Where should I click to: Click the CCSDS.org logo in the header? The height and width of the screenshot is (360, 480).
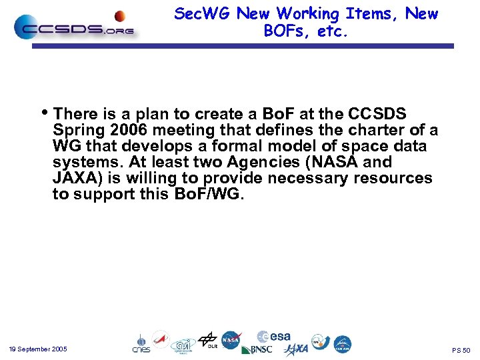click(x=75, y=27)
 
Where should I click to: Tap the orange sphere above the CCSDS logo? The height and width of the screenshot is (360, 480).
click(x=120, y=16)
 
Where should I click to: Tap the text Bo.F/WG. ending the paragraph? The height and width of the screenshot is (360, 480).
click(x=208, y=194)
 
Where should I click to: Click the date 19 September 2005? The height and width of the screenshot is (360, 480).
click(x=38, y=349)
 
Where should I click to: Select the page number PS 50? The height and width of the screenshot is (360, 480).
click(x=461, y=350)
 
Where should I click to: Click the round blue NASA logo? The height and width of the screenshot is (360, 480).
click(x=231, y=340)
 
